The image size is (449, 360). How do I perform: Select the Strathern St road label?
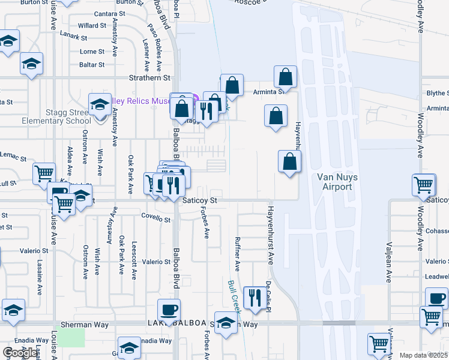[150, 78]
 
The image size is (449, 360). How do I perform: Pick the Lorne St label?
[92, 52]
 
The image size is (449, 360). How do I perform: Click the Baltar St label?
[92, 65]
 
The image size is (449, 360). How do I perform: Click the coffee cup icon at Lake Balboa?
[169, 310]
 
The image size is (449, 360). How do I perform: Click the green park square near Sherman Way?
[73, 337]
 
